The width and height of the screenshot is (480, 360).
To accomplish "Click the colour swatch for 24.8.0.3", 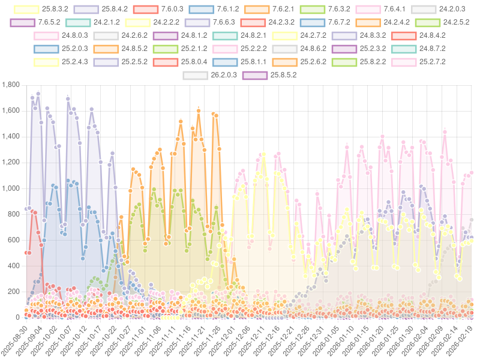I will [46, 36].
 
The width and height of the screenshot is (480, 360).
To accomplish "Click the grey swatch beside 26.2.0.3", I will [195, 75].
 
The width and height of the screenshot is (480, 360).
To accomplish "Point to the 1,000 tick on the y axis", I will [10, 188].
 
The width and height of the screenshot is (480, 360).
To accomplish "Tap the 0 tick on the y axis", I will [17, 317].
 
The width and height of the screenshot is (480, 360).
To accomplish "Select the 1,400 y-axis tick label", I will [10, 137].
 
